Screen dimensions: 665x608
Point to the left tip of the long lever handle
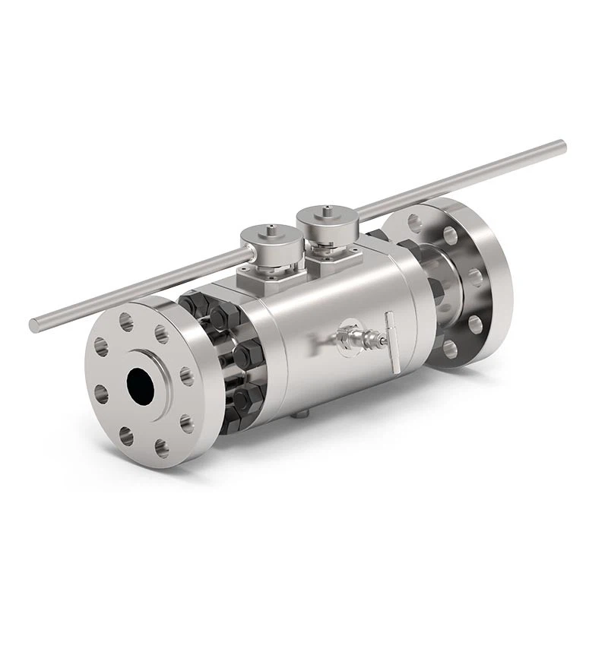click(34, 325)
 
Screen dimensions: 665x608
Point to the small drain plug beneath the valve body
click(302, 414)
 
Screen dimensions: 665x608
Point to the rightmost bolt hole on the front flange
click(186, 375)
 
